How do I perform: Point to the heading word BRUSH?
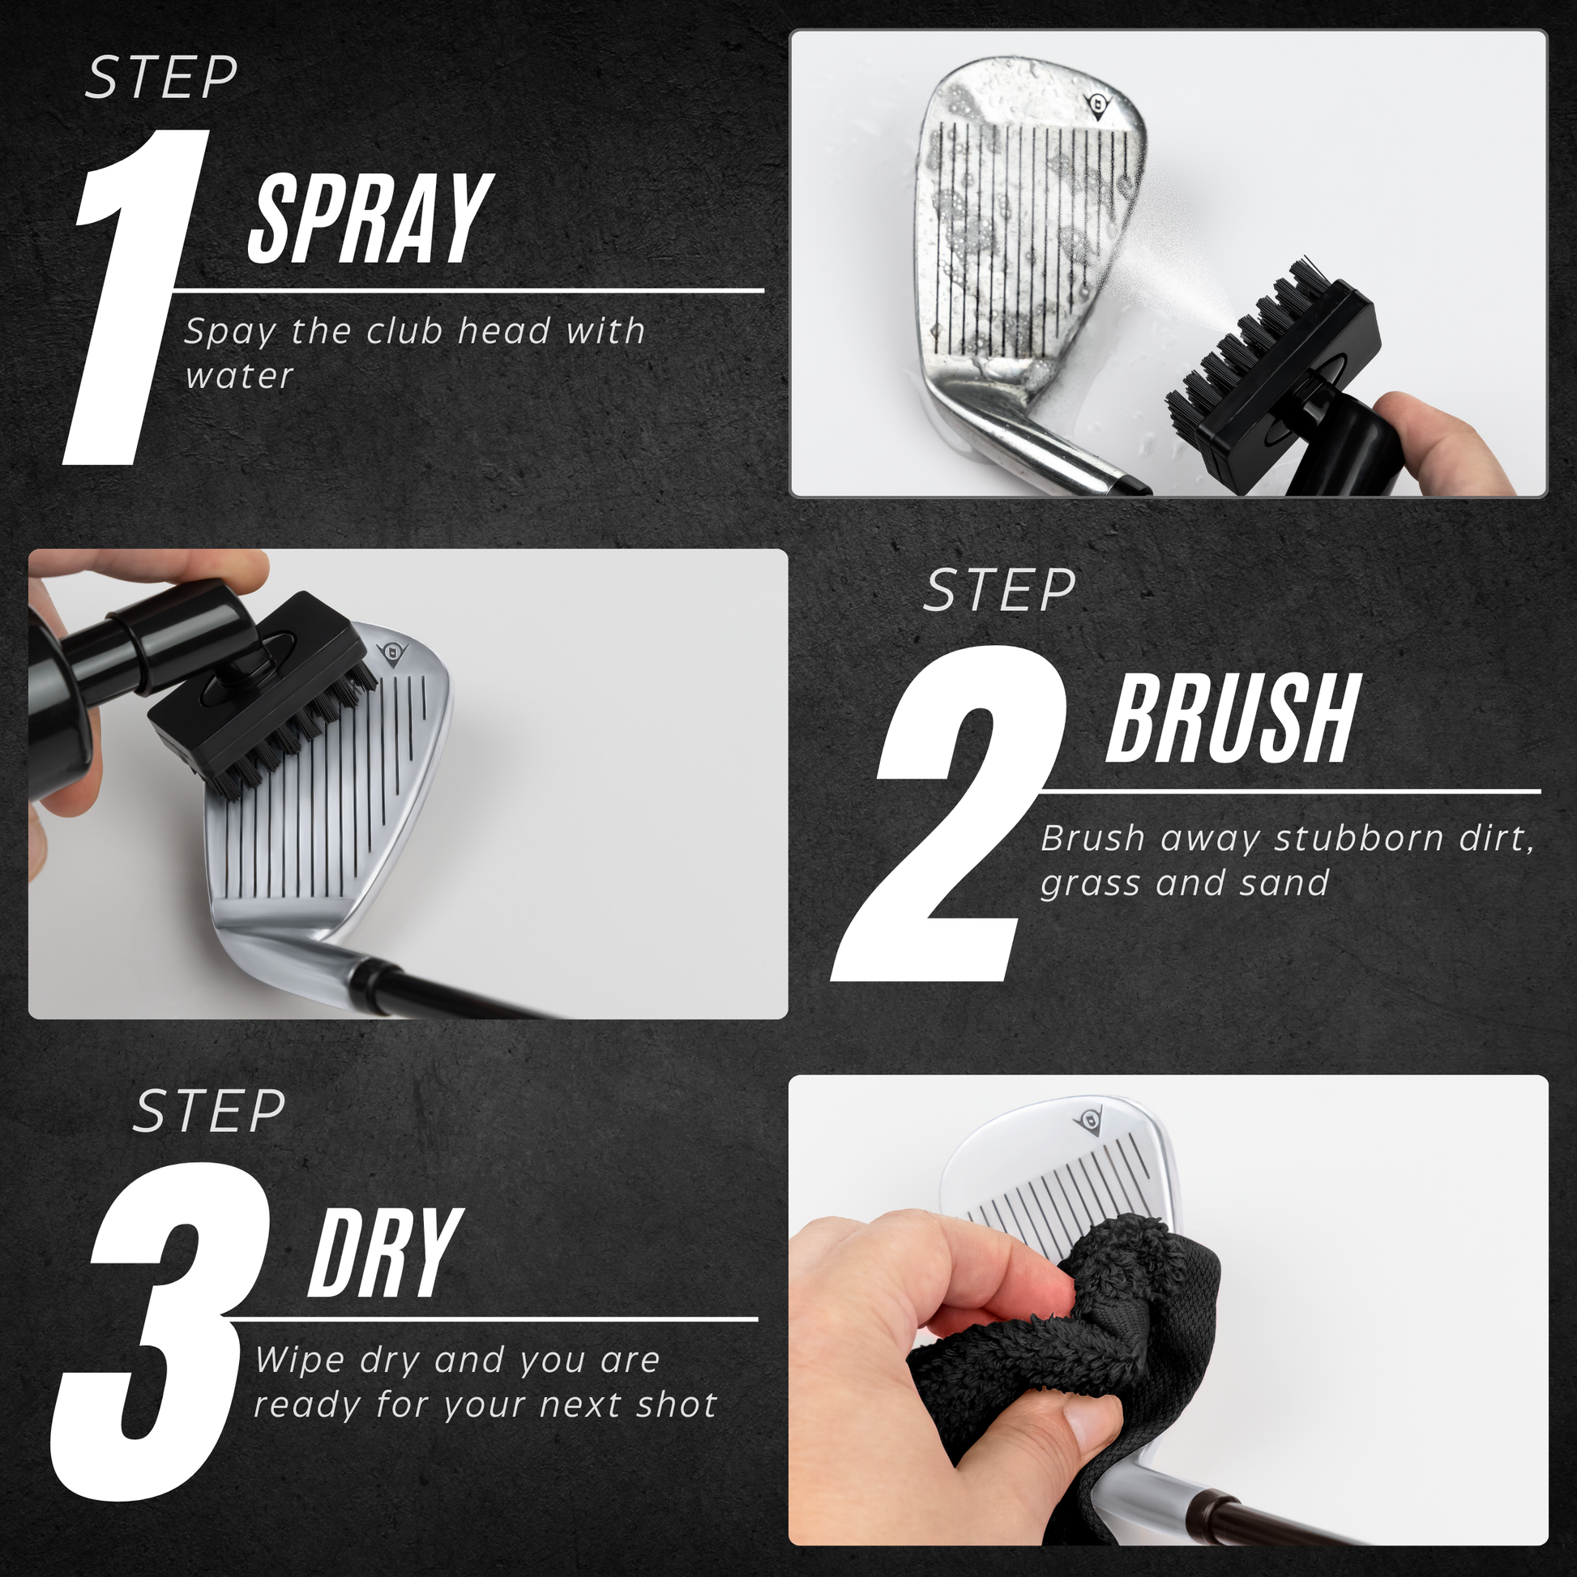(1233, 718)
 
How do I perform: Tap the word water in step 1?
(239, 377)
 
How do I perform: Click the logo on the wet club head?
(1100, 105)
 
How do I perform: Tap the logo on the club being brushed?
(392, 654)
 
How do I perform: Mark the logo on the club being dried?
(1088, 1120)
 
